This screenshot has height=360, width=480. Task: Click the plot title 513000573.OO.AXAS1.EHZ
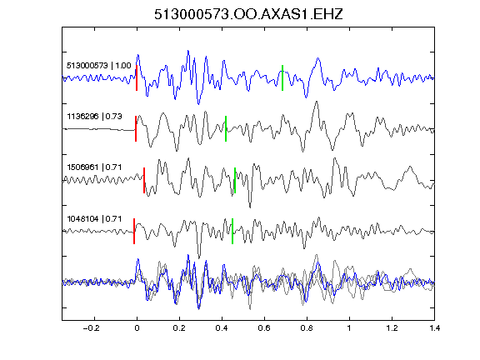(248, 14)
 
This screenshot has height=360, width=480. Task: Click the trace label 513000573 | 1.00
(99, 66)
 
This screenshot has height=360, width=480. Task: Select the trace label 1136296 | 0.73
(95, 117)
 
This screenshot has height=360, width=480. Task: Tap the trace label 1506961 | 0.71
(94, 167)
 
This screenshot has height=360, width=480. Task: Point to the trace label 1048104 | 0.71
(94, 219)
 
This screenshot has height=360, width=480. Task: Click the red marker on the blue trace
(137, 77)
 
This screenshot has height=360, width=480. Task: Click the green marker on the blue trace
(282, 77)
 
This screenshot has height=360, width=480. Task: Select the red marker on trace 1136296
(136, 128)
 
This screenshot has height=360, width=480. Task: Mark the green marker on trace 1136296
(226, 128)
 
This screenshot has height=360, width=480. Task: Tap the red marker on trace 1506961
(144, 180)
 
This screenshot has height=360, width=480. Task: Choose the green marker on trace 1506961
(235, 180)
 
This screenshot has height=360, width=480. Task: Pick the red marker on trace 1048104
(134, 231)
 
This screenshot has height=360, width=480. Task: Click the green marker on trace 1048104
(232, 231)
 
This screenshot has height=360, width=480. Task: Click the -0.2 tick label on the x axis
(91, 328)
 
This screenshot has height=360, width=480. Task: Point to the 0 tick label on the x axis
(137, 328)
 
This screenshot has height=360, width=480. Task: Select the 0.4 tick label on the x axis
(222, 328)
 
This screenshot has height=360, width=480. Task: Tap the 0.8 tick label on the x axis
(307, 328)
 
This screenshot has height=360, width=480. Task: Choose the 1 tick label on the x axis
(349, 328)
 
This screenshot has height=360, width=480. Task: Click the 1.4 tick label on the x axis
(435, 328)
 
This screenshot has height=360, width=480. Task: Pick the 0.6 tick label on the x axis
(264, 328)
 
